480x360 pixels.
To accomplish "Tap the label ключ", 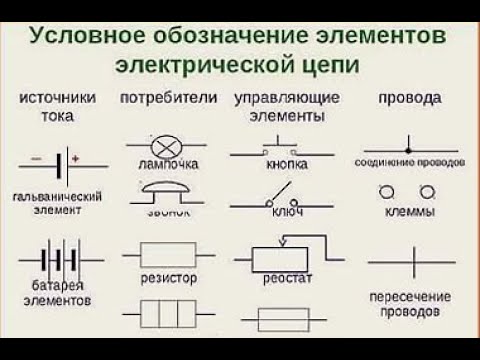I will click(285, 213).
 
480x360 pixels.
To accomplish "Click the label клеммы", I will click(408, 213).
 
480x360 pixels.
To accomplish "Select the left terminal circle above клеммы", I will click(388, 191).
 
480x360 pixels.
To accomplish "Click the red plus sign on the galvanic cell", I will click(75, 157).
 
